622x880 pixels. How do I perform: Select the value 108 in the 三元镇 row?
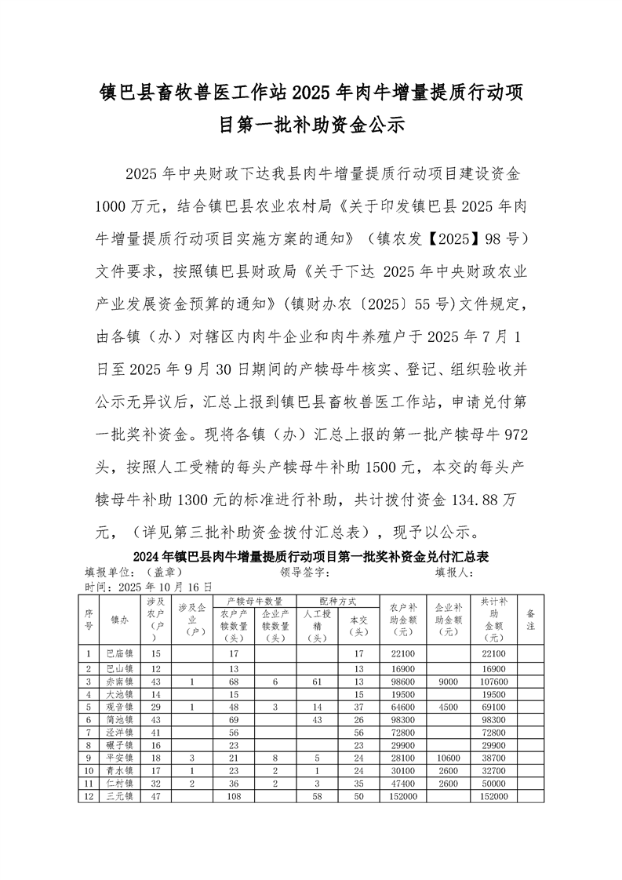coord(234,796)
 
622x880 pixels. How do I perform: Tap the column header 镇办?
coord(120,619)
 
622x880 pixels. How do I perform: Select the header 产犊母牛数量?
coord(254,601)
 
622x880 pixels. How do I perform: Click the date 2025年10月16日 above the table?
coord(166,586)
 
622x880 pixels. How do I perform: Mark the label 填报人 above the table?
coord(454,573)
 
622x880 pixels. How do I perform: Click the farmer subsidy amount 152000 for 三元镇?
coord(401,796)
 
